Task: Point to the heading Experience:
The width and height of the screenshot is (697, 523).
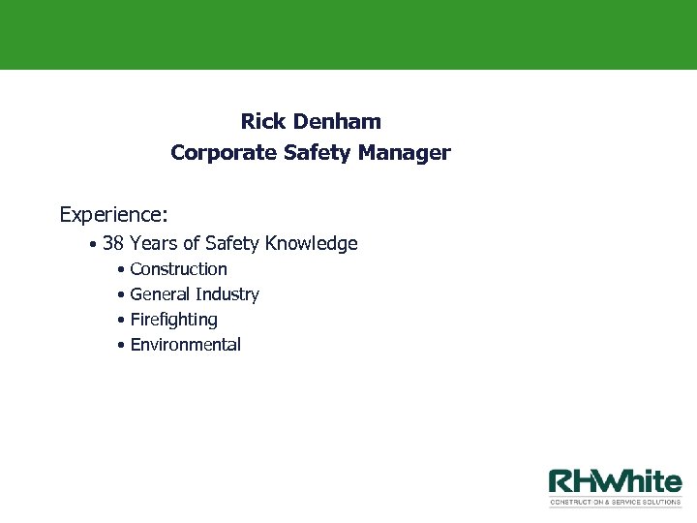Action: click(x=113, y=213)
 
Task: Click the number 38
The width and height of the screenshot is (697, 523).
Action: click(x=113, y=244)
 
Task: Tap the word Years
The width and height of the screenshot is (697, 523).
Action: click(x=156, y=244)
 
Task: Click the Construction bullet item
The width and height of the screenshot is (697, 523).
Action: click(x=178, y=269)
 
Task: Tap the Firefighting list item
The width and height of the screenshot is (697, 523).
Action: click(x=173, y=320)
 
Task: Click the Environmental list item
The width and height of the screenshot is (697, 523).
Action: click(x=185, y=345)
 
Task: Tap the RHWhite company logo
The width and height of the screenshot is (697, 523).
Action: click(x=616, y=482)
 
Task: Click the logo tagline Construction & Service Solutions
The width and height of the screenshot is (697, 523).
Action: click(x=616, y=503)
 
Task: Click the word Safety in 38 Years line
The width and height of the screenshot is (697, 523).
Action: click(x=232, y=244)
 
